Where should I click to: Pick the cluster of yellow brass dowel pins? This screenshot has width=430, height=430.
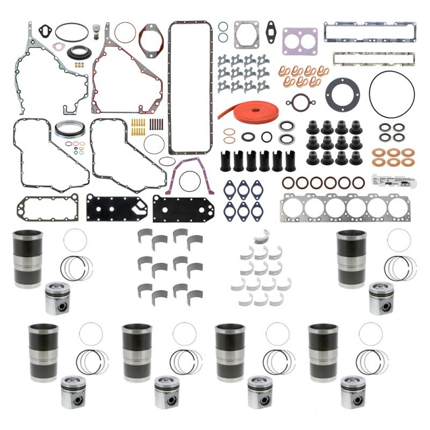[138, 127]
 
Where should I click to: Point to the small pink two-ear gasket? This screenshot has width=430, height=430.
[40, 35]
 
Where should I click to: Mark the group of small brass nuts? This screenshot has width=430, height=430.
[79, 64]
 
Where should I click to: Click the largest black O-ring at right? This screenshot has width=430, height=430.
[391, 92]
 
